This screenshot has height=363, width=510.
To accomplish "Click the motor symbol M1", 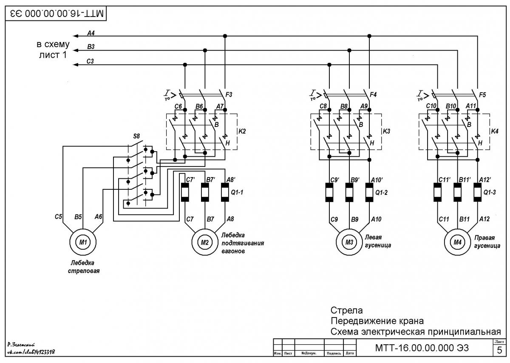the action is [x=83, y=242].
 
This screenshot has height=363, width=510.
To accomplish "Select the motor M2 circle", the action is [x=205, y=242].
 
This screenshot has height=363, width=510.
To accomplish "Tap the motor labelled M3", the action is [x=349, y=242].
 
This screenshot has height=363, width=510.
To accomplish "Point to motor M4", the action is [x=457, y=242].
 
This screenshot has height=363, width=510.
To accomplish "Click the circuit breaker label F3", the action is [x=229, y=95].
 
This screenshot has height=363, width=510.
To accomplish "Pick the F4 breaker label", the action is [x=373, y=95].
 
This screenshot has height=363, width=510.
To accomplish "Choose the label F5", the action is [x=482, y=95].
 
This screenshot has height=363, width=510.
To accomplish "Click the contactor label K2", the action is [x=242, y=131].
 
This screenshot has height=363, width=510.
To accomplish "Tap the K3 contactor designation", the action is [x=386, y=131].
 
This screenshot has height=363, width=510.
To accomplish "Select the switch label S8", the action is [x=136, y=136].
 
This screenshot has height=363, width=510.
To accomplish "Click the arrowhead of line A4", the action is [x=75, y=36].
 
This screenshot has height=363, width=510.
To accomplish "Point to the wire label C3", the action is [x=90, y=62].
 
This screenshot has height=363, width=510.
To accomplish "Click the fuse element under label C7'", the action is [x=184, y=192].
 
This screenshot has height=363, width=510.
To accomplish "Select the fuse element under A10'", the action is [x=369, y=192].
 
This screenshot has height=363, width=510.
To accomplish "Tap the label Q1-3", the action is [x=490, y=192].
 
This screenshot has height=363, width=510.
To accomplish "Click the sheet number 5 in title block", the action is [x=499, y=350].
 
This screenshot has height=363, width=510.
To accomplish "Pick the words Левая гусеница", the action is [x=378, y=241].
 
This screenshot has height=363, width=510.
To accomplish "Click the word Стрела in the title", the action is [x=346, y=310].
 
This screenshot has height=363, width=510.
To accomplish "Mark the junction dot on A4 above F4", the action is [x=369, y=36].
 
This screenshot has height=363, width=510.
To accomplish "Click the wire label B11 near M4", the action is [x=464, y=219].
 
